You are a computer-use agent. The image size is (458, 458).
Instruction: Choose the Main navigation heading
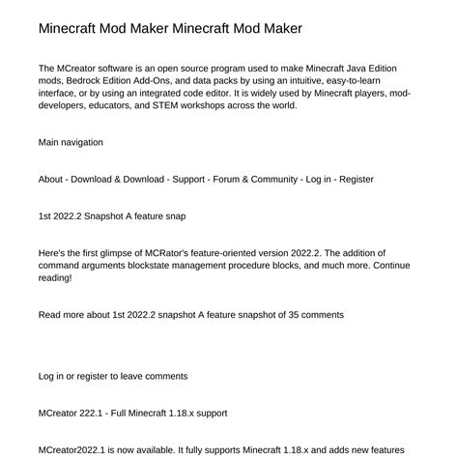click(71, 142)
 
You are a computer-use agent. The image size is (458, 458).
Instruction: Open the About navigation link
click(52, 179)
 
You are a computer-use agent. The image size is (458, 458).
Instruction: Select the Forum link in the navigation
click(243, 179)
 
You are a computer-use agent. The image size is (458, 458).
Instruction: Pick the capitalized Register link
click(357, 179)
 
